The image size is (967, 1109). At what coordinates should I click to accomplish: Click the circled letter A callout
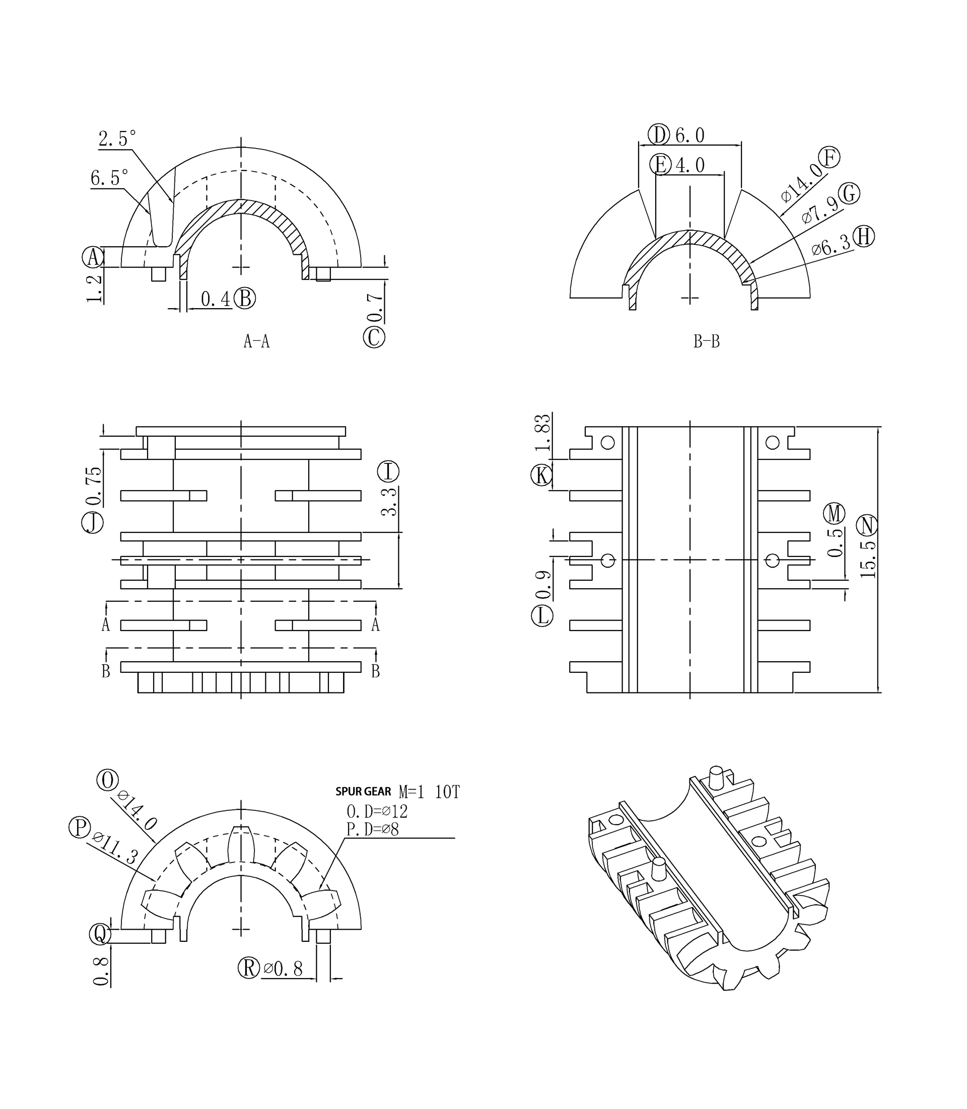[93, 257]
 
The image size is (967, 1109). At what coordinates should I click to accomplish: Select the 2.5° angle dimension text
[117, 138]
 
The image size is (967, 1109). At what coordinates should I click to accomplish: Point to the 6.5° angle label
[110, 178]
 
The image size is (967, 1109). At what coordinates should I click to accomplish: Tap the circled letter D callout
[658, 134]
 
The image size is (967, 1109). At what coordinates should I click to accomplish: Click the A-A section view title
[256, 341]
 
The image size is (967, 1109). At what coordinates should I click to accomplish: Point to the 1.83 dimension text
[542, 432]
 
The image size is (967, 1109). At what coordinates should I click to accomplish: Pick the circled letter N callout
[867, 525]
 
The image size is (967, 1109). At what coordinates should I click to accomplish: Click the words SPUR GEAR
[363, 792]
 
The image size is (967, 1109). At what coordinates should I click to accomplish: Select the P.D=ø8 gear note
[372, 829]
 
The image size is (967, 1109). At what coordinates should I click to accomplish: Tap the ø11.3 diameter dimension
[115, 848]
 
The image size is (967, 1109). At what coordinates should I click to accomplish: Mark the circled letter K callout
[542, 475]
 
